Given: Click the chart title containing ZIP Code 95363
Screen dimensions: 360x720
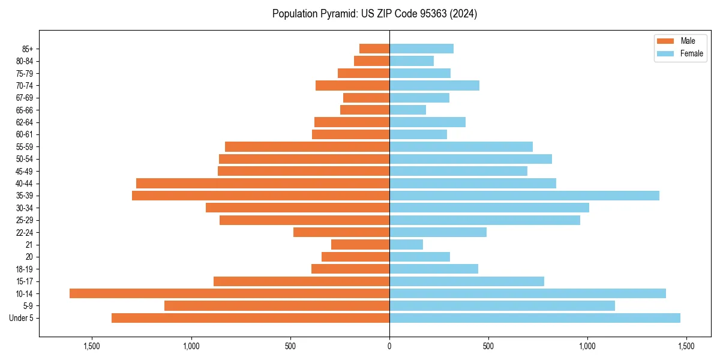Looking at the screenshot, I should (x=374, y=14).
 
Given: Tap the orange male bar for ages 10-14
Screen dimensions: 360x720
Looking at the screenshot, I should (x=229, y=293).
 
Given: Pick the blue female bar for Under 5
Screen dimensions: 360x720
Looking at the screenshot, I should (x=535, y=318).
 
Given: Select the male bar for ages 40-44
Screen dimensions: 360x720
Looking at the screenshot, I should (x=263, y=183).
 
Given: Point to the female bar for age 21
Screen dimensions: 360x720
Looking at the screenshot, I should (x=406, y=244).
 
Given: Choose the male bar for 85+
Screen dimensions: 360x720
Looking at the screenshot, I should (x=374, y=49).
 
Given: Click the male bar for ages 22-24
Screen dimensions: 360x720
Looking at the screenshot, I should (x=341, y=232).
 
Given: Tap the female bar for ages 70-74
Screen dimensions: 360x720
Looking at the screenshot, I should (x=434, y=85).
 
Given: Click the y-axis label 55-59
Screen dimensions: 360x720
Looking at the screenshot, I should (x=25, y=146).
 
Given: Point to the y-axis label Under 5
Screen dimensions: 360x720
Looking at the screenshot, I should (x=22, y=318).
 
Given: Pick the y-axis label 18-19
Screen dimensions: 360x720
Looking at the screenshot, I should (x=25, y=269).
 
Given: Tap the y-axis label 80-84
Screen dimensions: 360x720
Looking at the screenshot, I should (x=25, y=61).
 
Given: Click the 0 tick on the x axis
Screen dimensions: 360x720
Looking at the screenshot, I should (x=389, y=346).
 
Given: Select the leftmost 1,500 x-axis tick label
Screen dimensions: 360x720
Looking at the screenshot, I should (x=92, y=346).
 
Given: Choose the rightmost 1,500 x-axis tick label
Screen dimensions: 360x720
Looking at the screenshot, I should (x=686, y=346).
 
